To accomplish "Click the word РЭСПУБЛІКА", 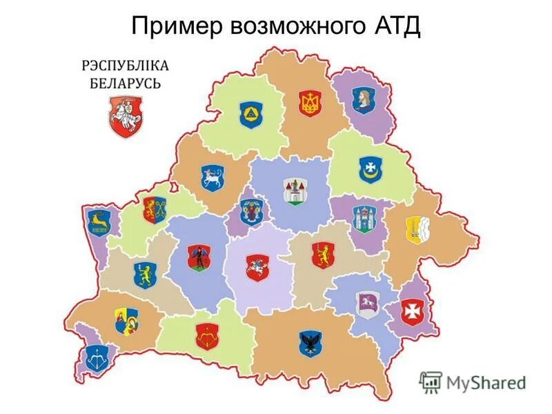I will (125, 66).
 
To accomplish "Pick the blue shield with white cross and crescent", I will (369, 169).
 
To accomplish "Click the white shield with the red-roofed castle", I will (294, 190).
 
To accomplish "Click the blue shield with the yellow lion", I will (147, 273).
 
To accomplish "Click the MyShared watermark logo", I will (472, 382).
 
